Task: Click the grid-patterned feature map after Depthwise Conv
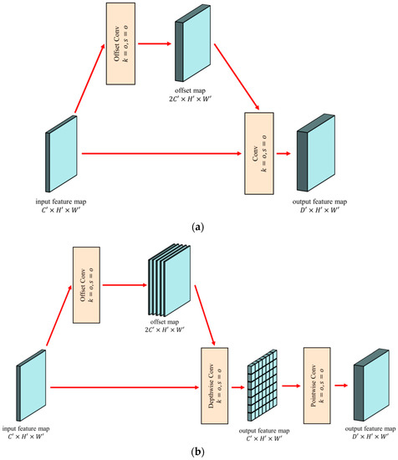[264, 387]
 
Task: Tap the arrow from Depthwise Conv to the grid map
[241, 387]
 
